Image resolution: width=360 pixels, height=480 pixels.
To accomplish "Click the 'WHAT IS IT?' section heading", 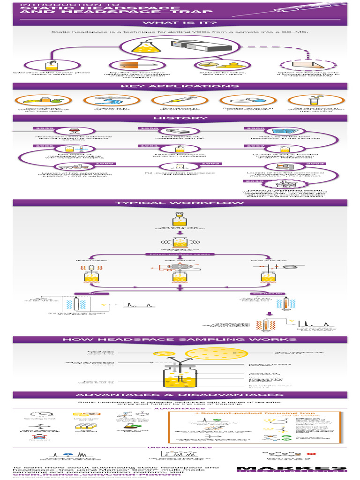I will [180, 23].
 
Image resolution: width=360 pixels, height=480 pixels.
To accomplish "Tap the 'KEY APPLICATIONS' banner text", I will [180, 86].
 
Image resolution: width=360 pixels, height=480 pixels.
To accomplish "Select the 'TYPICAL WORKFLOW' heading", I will [180, 203].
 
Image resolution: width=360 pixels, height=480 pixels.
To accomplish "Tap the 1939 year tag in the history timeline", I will [41, 128].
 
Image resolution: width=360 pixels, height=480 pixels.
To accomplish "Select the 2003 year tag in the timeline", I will [315, 164].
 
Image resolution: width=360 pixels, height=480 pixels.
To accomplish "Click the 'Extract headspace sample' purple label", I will [180, 254].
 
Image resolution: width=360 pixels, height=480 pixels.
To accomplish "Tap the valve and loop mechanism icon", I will [180, 267].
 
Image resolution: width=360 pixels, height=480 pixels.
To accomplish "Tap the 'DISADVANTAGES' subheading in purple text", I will [180, 447].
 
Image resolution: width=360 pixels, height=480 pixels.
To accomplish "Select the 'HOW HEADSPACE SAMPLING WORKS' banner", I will [180, 339].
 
